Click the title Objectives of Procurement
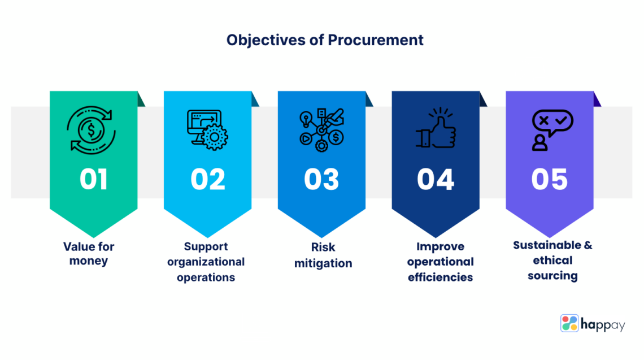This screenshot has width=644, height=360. pyautogui.click(x=325, y=40)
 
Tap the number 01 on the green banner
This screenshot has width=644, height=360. pyautogui.click(x=94, y=179)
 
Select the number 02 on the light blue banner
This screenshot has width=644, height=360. pyautogui.click(x=207, y=179)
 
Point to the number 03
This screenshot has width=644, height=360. pyautogui.click(x=321, y=179)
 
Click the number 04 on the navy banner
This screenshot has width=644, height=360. pyautogui.click(x=435, y=179)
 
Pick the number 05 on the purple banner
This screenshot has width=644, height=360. pyautogui.click(x=549, y=179)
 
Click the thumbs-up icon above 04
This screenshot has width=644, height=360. pyautogui.click(x=436, y=129)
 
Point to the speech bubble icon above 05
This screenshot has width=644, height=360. pyautogui.click(x=551, y=130)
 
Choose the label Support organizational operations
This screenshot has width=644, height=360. pyautogui.click(x=206, y=262)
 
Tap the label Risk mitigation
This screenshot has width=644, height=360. pyautogui.click(x=323, y=255)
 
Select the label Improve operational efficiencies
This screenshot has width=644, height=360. pyautogui.click(x=441, y=262)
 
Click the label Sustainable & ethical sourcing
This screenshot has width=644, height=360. pyautogui.click(x=552, y=261)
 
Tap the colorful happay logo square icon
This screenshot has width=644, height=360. pyautogui.click(x=570, y=323)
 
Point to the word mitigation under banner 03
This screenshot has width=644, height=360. pyautogui.click(x=323, y=263)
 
